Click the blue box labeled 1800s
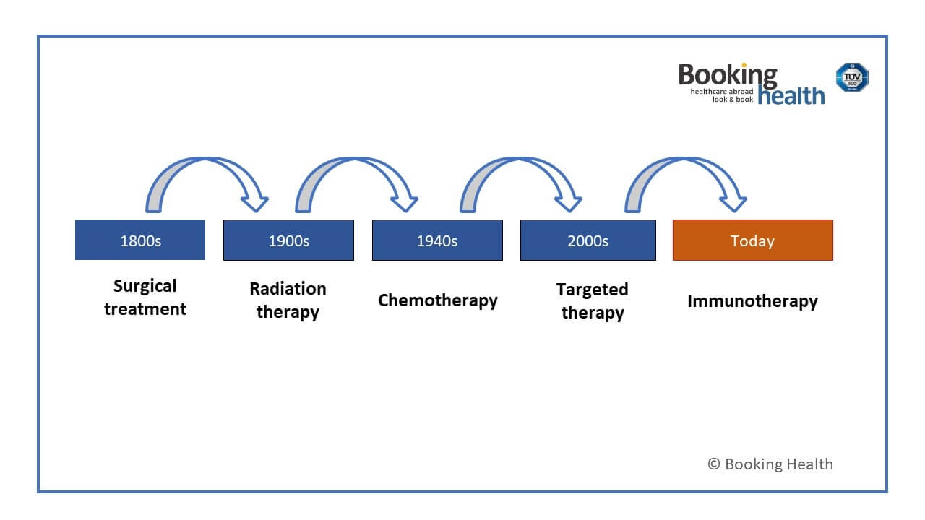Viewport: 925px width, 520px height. (140, 240)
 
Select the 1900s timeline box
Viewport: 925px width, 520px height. (288, 240)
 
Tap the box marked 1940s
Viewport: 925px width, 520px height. (437, 240)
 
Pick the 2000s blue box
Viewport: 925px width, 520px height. (588, 240)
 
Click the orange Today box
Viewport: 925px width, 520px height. (752, 240)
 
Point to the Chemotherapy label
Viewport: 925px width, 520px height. (437, 300)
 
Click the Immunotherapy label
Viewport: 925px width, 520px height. (752, 301)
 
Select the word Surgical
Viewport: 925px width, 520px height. (145, 286)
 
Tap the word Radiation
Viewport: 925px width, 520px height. (288, 289)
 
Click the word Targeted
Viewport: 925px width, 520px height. (592, 290)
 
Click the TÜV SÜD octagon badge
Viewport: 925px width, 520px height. (852, 77)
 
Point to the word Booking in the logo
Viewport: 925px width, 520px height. (727, 74)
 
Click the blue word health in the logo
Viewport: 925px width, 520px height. (791, 95)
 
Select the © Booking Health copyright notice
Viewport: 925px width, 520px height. (770, 464)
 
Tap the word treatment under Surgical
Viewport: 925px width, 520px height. (145, 309)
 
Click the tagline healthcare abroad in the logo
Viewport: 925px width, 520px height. (721, 92)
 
